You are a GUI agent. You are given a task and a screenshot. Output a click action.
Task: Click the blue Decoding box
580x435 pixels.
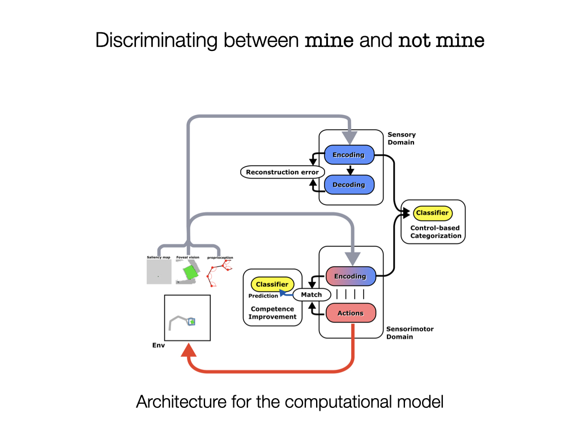tap(349, 185)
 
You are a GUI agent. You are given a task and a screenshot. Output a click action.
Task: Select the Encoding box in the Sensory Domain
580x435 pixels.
tap(349, 155)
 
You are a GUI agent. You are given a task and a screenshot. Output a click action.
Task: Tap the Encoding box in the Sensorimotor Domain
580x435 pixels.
tap(350, 276)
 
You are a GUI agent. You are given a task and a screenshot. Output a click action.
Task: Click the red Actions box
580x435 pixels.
tap(350, 313)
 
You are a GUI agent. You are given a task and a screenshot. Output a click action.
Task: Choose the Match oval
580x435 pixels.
tap(311, 295)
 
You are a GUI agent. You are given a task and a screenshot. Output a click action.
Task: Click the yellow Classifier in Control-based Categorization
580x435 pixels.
tap(432, 213)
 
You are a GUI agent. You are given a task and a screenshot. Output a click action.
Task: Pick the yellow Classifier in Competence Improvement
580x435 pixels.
tap(272, 284)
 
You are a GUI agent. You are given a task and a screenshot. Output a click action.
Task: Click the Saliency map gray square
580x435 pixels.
tap(159, 272)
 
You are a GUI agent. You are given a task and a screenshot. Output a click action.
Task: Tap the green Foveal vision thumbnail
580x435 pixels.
tap(189, 272)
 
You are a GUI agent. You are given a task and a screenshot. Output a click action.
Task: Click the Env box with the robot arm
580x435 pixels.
tap(187, 318)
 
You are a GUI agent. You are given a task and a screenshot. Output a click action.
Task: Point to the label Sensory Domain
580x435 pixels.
tap(401, 139)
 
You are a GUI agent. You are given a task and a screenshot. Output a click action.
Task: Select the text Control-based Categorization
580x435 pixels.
tap(435, 232)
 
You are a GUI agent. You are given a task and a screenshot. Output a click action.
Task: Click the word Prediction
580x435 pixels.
tap(263, 296)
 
